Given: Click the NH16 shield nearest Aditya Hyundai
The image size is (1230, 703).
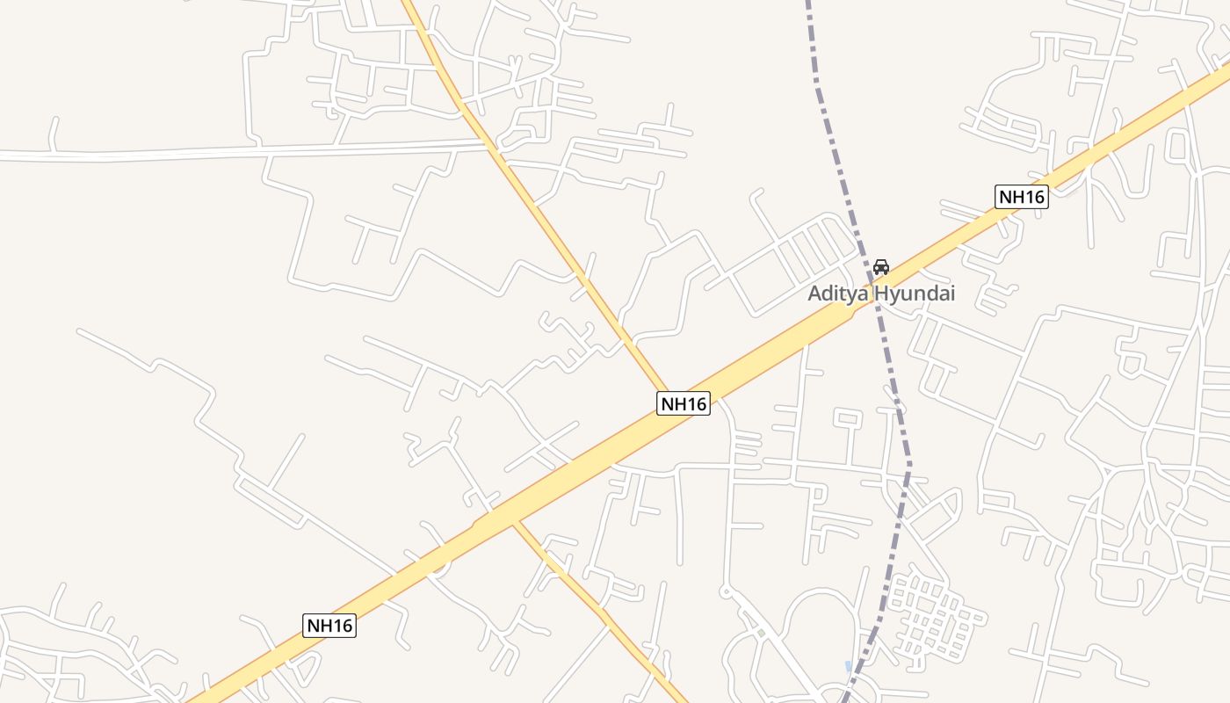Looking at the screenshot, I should click(x=1022, y=197).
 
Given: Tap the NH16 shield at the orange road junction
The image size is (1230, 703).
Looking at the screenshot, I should click(x=684, y=403).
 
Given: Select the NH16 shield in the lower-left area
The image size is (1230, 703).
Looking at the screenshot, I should click(x=329, y=626).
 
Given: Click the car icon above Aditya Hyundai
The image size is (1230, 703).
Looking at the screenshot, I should click(x=880, y=267).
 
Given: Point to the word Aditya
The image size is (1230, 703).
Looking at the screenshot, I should click(x=837, y=294).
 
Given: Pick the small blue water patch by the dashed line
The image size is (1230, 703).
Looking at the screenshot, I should click(x=848, y=667).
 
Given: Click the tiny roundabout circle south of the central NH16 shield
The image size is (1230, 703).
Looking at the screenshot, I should click(x=727, y=592).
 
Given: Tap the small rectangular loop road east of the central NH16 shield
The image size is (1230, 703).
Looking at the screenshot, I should click(x=847, y=419).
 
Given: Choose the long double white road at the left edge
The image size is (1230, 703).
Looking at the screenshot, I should click(x=132, y=155).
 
